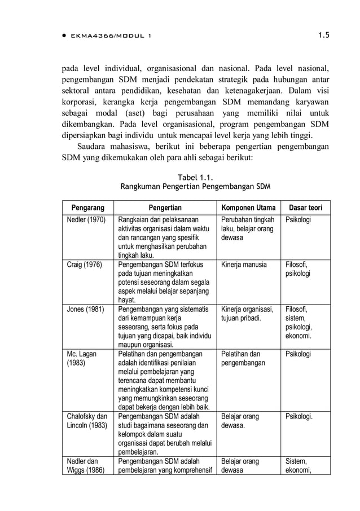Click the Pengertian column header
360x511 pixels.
[165, 208]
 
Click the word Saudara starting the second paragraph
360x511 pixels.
[94, 147]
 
